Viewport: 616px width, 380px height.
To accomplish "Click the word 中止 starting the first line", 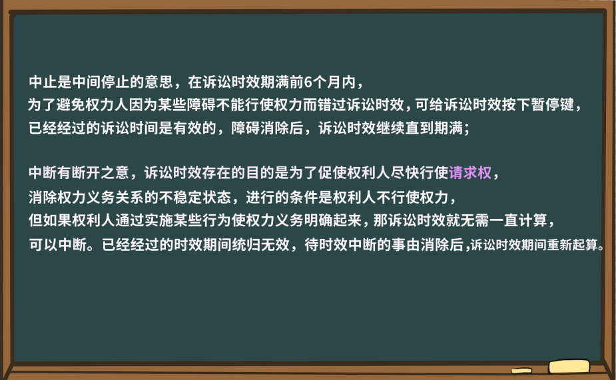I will pyautogui.click(x=42, y=83).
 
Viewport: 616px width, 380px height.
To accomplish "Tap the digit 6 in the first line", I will pyautogui.click(x=307, y=83).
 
